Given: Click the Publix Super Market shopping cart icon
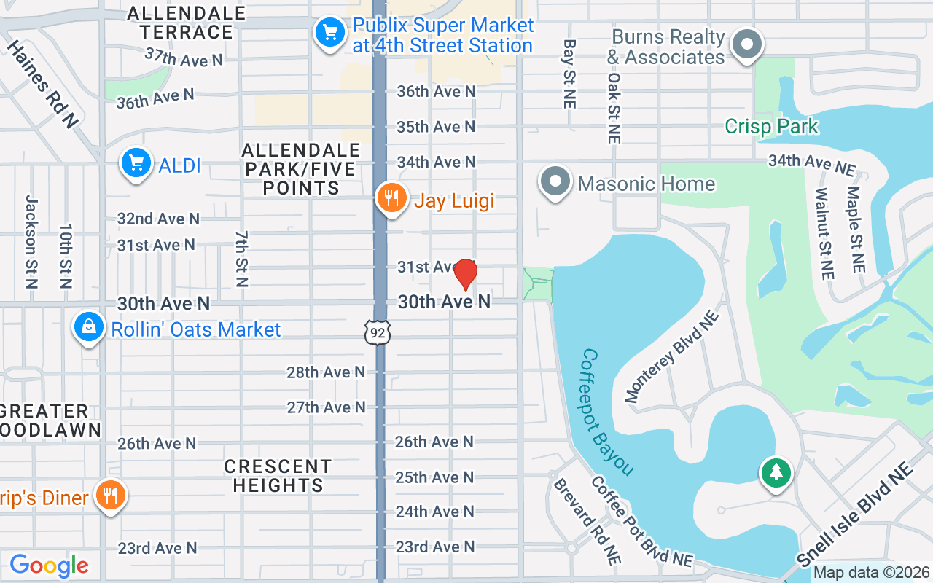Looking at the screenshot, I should click(x=329, y=33).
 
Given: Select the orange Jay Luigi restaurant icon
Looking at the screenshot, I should click(x=391, y=198).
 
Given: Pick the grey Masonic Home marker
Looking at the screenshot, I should click(x=555, y=181).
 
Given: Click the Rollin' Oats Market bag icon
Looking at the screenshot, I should click(x=88, y=327).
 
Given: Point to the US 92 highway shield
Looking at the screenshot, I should click(x=378, y=332).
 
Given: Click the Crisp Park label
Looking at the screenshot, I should click(x=771, y=126).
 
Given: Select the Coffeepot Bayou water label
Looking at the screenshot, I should click(x=607, y=412).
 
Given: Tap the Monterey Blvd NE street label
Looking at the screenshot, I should click(x=672, y=356).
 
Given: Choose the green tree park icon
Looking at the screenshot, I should click(x=776, y=473).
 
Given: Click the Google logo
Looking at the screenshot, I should click(x=49, y=566).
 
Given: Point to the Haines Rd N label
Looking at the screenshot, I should click(x=42, y=84).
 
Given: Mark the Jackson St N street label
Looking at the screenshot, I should click(x=31, y=241).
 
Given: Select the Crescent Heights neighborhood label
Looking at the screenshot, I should click(x=278, y=475).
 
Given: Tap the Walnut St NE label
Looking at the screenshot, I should click(x=824, y=233).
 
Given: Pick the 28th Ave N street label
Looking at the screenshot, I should click(x=326, y=372).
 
